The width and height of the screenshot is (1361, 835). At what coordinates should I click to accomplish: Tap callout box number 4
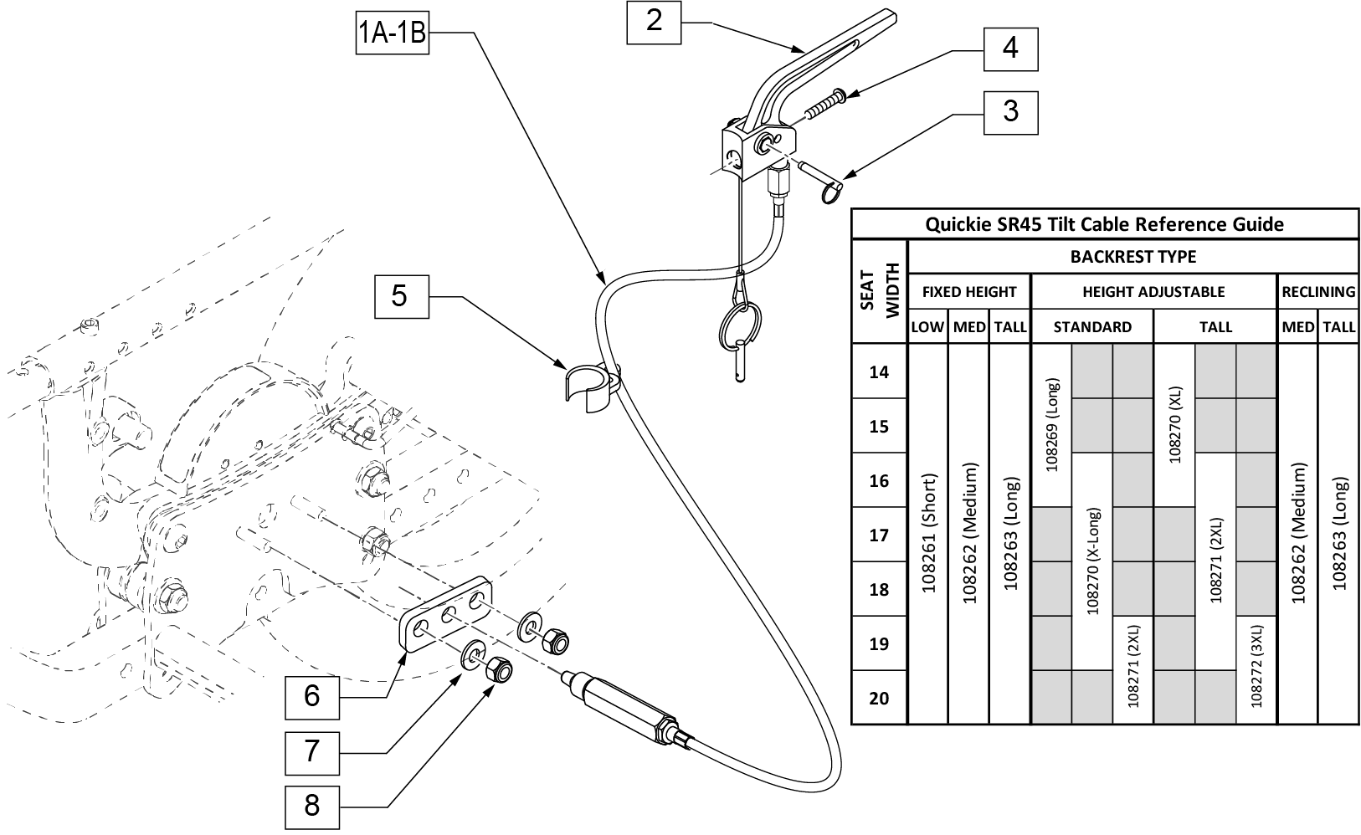(1010, 49)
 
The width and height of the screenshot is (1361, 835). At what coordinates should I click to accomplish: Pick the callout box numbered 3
(1010, 111)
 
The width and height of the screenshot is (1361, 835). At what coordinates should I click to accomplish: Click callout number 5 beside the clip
(399, 295)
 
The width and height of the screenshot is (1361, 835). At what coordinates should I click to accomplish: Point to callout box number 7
(311, 751)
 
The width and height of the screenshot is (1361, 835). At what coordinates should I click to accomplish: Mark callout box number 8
(311, 806)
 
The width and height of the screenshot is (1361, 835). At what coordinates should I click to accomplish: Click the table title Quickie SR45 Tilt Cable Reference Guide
(1104, 224)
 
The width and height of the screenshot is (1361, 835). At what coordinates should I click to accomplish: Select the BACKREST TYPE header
(1132, 256)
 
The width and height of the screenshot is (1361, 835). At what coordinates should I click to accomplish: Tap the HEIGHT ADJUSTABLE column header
(1153, 292)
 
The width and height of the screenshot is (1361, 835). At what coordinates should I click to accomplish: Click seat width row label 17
(879, 535)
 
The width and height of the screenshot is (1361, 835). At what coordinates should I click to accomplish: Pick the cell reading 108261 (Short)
(927, 534)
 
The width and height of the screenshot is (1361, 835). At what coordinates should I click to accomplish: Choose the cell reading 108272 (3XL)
(1256, 666)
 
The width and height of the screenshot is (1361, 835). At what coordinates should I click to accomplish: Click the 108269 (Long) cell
(1052, 425)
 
